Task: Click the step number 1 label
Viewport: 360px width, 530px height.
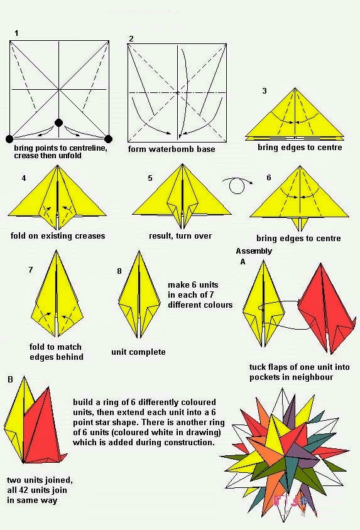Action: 16,33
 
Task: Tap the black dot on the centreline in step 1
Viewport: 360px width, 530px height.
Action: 59,123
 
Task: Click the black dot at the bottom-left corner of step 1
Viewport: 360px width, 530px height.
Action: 9,139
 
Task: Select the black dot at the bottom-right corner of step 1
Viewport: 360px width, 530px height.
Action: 108,139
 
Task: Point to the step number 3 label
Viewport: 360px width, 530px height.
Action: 265,91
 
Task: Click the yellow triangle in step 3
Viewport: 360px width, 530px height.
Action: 294,116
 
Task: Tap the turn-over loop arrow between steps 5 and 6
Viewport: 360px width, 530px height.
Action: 236,185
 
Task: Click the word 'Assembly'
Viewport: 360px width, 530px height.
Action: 254,251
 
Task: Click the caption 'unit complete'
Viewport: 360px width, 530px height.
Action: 138,352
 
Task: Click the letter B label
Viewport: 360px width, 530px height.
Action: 10,380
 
